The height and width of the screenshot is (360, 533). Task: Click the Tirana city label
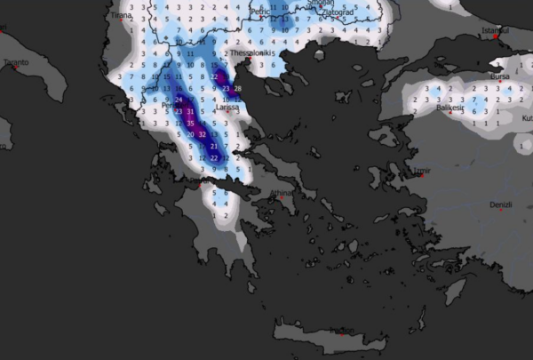[121, 15]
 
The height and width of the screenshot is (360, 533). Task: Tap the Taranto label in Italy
[16, 62]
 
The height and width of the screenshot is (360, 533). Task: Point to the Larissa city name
[229, 108]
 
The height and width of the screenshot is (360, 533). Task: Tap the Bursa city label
[501, 76]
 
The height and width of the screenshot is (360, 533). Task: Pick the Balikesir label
[451, 108]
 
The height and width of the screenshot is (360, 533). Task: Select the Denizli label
[501, 205]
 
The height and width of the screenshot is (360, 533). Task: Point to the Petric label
[259, 11]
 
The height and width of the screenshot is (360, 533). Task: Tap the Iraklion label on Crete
[342, 331]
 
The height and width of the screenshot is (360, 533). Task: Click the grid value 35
[189, 124]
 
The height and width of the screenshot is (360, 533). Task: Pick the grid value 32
[203, 134]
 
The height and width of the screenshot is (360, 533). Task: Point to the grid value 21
[213, 146]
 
